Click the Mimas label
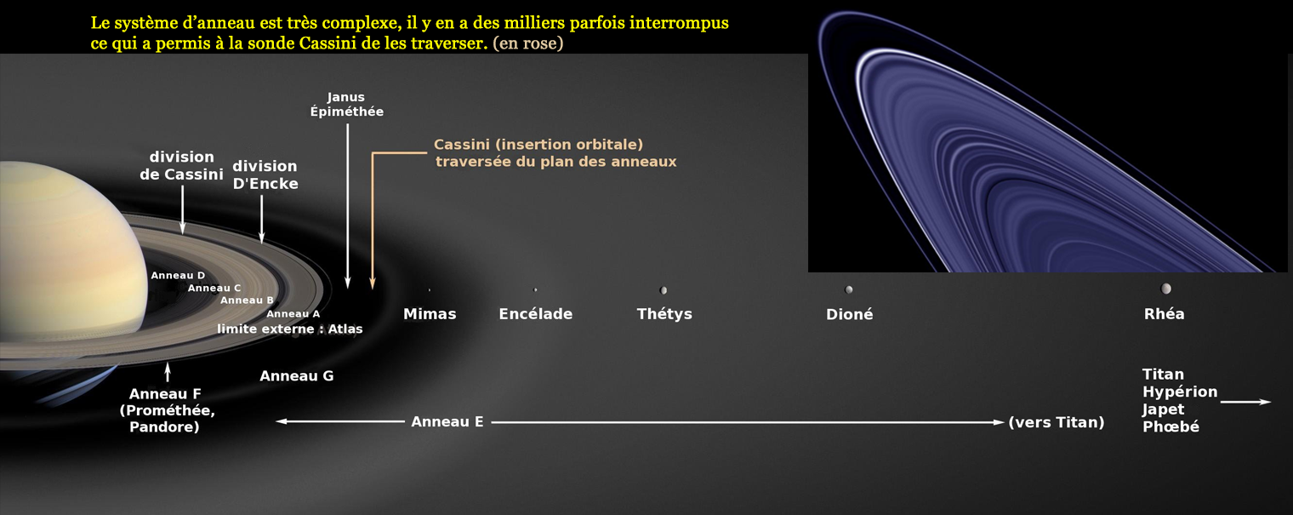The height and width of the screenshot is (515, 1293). coord(430,314)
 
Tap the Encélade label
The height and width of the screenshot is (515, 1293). coord(536,314)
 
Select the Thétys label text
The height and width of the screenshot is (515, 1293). coord(664,314)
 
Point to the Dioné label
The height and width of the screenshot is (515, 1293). coord(849,314)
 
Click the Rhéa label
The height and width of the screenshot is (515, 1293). coord(1165,314)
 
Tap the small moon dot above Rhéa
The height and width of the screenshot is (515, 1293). coord(1166,288)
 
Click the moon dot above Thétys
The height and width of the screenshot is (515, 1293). coord(664,289)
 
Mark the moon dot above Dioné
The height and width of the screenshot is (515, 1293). coord(849,289)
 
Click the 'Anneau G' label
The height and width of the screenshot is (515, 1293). coord(297,376)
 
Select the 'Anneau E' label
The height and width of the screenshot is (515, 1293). coord(447,422)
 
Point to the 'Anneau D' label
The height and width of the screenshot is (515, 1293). coord(178,276)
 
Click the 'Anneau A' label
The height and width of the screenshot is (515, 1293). coord(293,314)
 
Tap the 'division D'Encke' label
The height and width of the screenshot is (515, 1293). coord(265,175)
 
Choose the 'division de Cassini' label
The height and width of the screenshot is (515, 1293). coord(181,166)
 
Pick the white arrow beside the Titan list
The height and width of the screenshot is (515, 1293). coord(1245,402)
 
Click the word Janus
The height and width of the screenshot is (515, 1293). coord(345,97)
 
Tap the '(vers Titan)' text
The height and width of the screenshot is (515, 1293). coord(1057,422)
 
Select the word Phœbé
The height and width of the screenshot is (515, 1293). coord(1171,426)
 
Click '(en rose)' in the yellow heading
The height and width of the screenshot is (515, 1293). coord(528,43)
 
